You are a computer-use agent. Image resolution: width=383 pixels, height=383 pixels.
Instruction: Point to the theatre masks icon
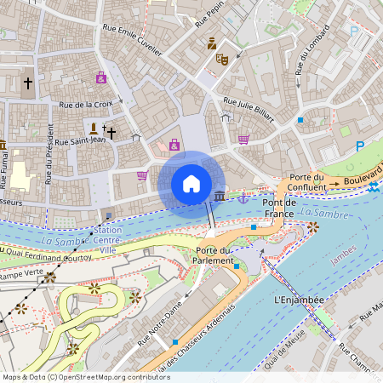222,59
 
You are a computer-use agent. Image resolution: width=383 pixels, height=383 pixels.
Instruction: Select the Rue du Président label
50,154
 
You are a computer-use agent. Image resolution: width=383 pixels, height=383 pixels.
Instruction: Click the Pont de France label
279,208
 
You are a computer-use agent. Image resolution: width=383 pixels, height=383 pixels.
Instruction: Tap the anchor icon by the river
243,197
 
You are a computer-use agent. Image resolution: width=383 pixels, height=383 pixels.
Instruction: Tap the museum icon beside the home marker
220,197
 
